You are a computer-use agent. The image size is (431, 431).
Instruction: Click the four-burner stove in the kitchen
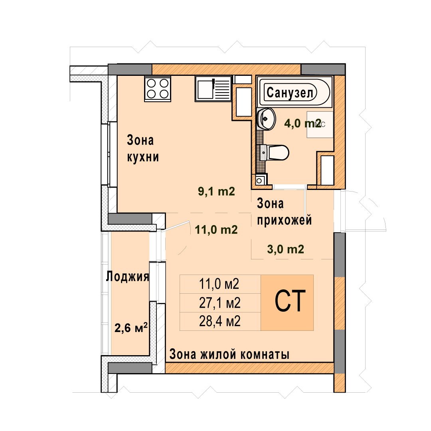pyautogui.click(x=158, y=89)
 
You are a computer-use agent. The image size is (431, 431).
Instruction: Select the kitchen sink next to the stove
pyautogui.click(x=213, y=89)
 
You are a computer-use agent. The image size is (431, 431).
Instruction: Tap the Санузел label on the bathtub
pyautogui.click(x=290, y=93)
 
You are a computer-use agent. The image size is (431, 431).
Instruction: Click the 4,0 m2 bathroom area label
pyautogui.click(x=302, y=123)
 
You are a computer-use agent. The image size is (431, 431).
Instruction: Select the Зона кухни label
pyautogui.click(x=143, y=149)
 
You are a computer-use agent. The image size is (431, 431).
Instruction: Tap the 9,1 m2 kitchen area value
pyautogui.click(x=217, y=191)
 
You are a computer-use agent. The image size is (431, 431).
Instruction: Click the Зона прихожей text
pyautogui.click(x=285, y=212)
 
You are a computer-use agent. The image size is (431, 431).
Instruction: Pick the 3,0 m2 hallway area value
pyautogui.click(x=286, y=249)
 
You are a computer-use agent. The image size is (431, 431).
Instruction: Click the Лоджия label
pyautogui.click(x=128, y=277)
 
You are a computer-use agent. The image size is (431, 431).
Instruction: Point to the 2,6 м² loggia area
pyautogui.click(x=131, y=327)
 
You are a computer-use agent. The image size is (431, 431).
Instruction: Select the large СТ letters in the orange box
pyautogui.click(x=290, y=301)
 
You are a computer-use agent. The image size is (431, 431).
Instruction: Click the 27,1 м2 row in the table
pyautogui.click(x=220, y=302)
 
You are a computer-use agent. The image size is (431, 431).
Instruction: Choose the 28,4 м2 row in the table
pyautogui.click(x=220, y=321)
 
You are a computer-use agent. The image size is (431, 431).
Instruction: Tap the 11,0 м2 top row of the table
pyautogui.click(x=219, y=284)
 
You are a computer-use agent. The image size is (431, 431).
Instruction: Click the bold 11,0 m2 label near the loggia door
pyautogui.click(x=216, y=229)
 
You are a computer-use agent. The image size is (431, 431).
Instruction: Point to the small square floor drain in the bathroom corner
pyautogui.click(x=259, y=180)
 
